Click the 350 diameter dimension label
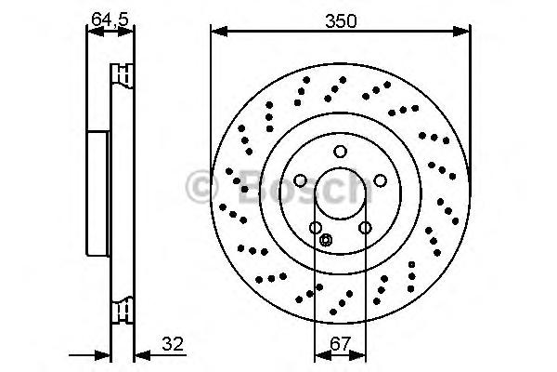click(x=341, y=21)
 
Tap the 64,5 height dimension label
click(x=110, y=19)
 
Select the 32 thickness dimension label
click(x=173, y=344)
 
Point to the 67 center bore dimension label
click(x=341, y=343)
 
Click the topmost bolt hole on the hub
click(x=341, y=152)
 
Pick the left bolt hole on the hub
click(x=300, y=180)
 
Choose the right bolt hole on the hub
click(x=380, y=180)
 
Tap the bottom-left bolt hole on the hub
click(x=316, y=228)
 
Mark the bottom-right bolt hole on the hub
click(x=365, y=228)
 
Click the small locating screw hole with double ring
click(x=326, y=240)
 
